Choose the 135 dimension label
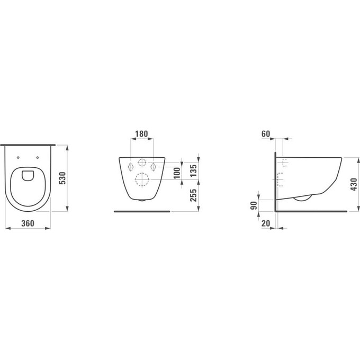click(x=194, y=170)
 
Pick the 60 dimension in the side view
click(x=266, y=133)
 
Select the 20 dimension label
click(x=266, y=223)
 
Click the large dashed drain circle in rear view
click(x=142, y=179)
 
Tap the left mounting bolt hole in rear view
click(x=130, y=166)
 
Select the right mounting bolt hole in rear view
click(x=154, y=166)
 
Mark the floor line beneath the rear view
click(x=142, y=211)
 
